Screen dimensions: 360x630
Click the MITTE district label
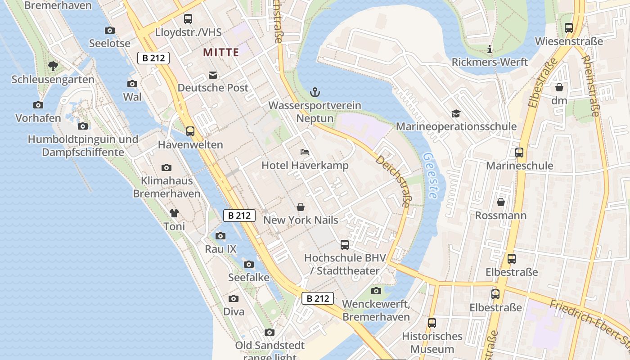point(221,52)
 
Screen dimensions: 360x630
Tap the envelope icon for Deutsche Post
point(212,75)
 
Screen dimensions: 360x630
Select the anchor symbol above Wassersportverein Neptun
point(315,93)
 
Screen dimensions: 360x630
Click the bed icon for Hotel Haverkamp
point(305,152)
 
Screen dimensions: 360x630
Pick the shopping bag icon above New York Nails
point(300,207)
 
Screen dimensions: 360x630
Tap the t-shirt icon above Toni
point(174,213)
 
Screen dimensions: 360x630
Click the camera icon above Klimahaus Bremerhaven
point(166,168)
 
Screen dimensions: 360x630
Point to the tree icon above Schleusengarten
point(53,67)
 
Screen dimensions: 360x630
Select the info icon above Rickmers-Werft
point(490,49)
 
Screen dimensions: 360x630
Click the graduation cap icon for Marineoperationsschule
point(456,113)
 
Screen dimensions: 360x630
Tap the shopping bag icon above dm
point(559,87)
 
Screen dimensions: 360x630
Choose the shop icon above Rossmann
point(500,202)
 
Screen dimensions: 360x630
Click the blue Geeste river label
point(430,175)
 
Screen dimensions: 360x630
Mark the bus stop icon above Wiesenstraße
point(569,28)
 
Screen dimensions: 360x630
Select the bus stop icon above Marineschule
point(519,153)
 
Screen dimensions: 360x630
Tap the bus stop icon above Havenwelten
point(190,131)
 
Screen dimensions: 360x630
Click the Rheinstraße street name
point(590,85)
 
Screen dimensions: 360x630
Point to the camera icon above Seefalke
point(249,265)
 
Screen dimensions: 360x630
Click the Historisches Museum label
point(432,342)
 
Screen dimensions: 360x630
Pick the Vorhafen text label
point(38,118)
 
